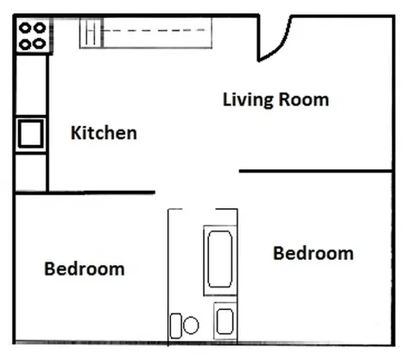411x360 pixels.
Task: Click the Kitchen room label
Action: pyautogui.click(x=104, y=133)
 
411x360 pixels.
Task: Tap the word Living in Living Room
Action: pyautogui.click(x=248, y=100)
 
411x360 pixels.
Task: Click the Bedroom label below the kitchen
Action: pyautogui.click(x=85, y=268)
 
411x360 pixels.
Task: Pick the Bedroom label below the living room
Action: pyautogui.click(x=313, y=253)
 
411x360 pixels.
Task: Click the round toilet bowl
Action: pyautogui.click(x=191, y=325)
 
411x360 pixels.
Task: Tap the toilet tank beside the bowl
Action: pyautogui.click(x=176, y=325)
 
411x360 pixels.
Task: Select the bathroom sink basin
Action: pyautogui.click(x=224, y=321)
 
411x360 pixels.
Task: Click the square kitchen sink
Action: pyautogui.click(x=30, y=134)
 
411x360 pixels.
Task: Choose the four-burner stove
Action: pyautogui.click(x=34, y=35)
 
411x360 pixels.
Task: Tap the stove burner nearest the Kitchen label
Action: pyautogui.click(x=39, y=44)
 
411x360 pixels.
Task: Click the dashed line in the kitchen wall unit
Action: pyautogui.click(x=154, y=30)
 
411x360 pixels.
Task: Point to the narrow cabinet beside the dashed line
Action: pyautogui.click(x=92, y=33)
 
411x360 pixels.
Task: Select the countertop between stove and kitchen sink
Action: pyautogui.click(x=31, y=85)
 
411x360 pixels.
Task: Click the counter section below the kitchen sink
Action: pyautogui.click(x=31, y=172)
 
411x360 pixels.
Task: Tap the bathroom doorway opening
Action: pyautogui.click(x=199, y=209)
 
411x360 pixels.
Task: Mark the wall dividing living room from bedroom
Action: pyautogui.click(x=316, y=171)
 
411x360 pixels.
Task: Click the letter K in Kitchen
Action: pyautogui.click(x=75, y=133)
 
